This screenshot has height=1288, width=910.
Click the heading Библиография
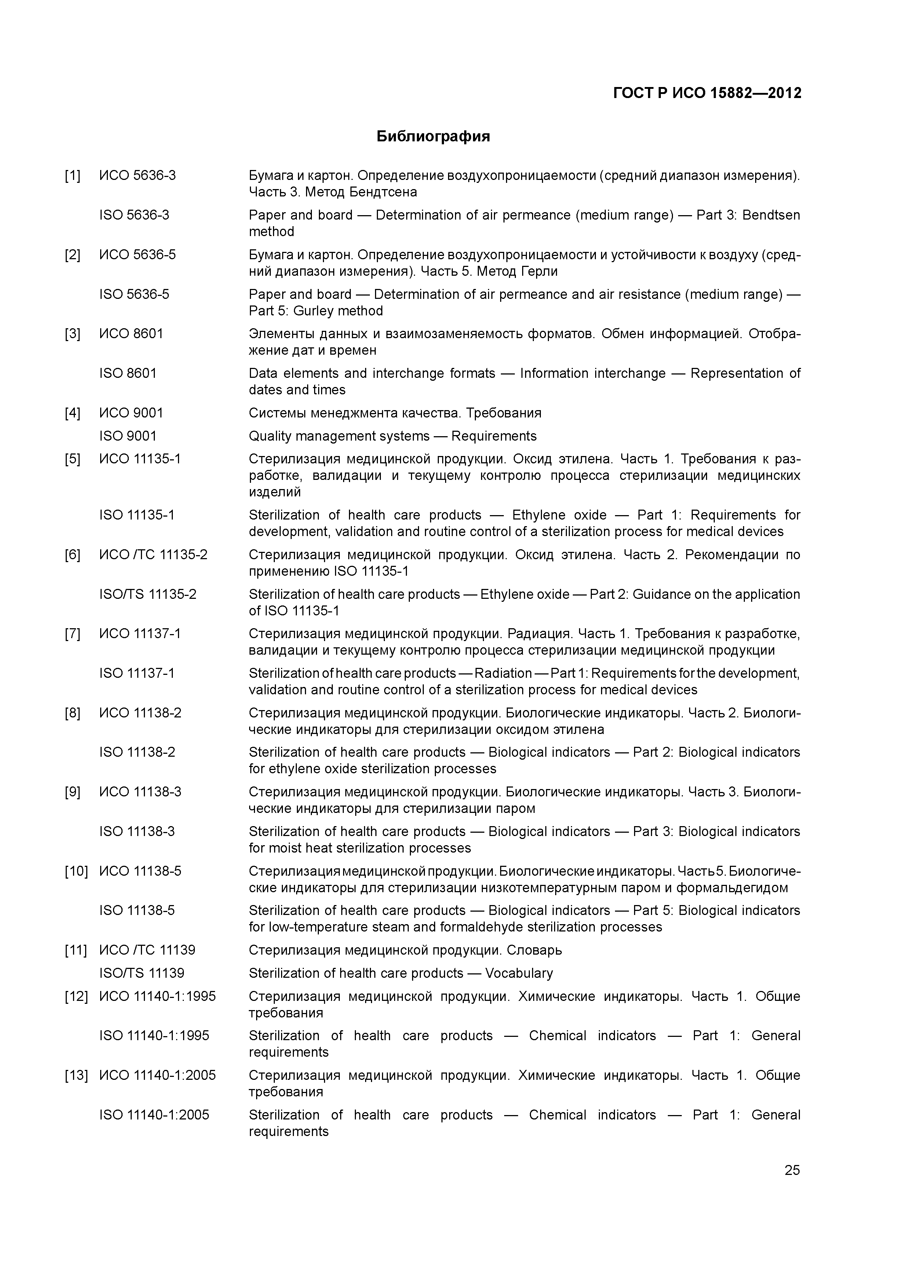pyautogui.click(x=433, y=136)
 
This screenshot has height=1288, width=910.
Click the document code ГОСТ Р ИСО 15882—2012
pyautogui.click(x=707, y=93)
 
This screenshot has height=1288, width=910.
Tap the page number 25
pyautogui.click(x=792, y=1170)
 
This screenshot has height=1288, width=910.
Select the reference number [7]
pyautogui.click(x=72, y=634)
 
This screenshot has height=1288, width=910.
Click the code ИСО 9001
pyautogui.click(x=131, y=413)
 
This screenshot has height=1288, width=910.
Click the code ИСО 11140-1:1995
pyautogui.click(x=157, y=996)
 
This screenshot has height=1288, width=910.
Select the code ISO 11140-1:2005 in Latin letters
pyautogui.click(x=154, y=1115)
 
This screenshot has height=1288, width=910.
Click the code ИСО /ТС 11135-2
pyautogui.click(x=153, y=555)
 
